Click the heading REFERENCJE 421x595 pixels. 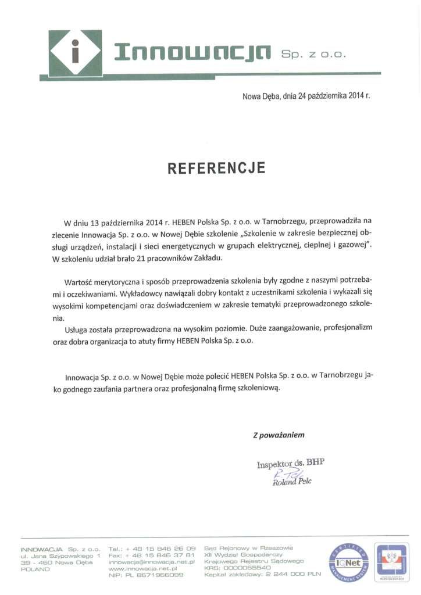click(216, 169)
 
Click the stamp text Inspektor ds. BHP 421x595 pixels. click(290, 463)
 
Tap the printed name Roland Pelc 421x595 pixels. click(292, 482)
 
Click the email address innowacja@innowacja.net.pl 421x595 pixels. click(150, 562)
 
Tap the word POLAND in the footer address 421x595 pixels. click(35, 569)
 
